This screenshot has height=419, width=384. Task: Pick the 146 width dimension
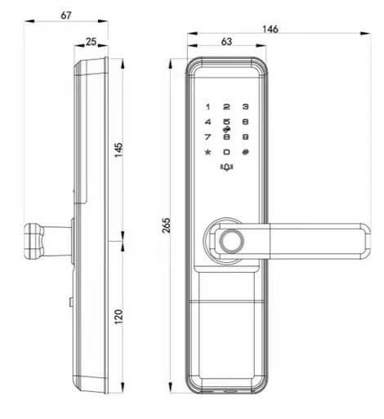tap(270, 29)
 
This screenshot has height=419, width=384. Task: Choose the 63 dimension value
tap(226, 41)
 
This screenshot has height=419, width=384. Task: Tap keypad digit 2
tap(226, 107)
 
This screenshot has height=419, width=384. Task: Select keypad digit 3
tap(245, 107)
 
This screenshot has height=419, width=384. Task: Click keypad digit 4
tap(208, 123)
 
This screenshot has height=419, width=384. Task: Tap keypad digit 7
tap(208, 137)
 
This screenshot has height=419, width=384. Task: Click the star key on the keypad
tap(208, 153)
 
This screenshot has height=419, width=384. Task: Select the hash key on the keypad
tap(245, 153)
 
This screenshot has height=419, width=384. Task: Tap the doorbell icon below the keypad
tap(226, 169)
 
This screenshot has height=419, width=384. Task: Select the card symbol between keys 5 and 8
tap(226, 130)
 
